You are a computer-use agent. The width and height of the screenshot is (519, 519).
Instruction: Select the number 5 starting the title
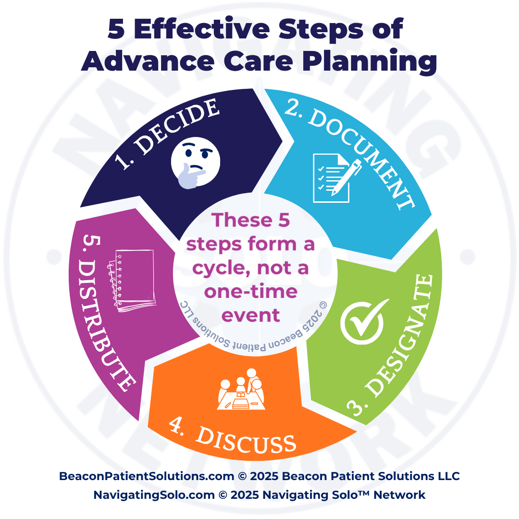tap(117, 30)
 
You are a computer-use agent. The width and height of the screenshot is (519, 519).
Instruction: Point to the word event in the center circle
tap(250, 315)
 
